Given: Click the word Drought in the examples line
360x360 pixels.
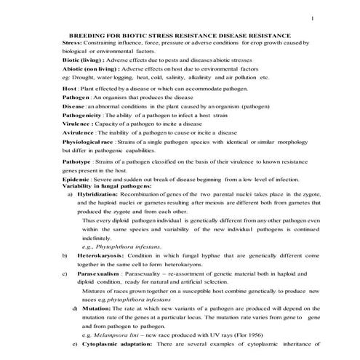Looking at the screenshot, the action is click(84, 77).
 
